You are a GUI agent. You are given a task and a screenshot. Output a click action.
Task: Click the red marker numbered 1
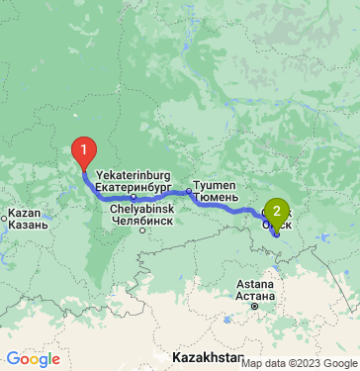pos(85,153)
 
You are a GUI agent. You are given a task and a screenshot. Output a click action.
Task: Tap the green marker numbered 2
pos(277,210)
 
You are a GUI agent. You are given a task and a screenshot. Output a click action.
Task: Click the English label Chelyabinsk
pos(142,209)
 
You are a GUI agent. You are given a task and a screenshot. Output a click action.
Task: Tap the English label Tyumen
pos(212,185)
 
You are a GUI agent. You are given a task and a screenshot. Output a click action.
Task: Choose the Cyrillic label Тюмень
pos(215,197)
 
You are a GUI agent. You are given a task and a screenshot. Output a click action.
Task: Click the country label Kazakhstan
pos(207,355)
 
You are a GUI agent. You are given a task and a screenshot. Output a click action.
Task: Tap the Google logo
pos(33,358)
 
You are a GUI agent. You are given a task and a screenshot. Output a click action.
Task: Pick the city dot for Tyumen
pos(188,191)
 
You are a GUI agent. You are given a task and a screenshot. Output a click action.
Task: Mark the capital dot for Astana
pos(253,308)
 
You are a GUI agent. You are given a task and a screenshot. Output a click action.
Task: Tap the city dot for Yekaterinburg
pos(134,196)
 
